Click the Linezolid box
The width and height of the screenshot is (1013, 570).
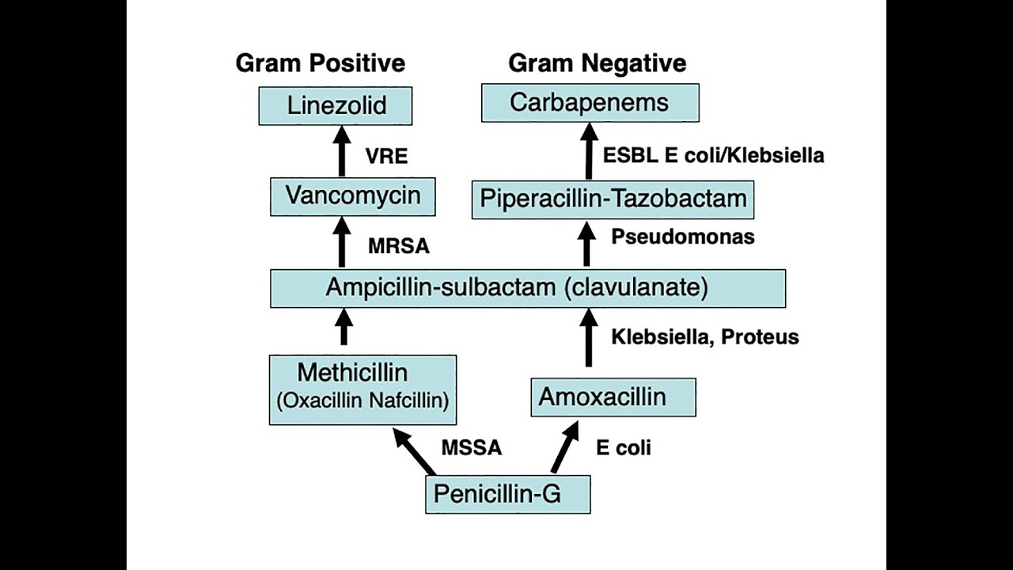[x=336, y=106]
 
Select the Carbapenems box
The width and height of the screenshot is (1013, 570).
[x=590, y=103]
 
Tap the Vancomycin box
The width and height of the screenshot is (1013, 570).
[x=352, y=196]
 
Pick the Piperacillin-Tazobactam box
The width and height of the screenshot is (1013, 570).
[x=613, y=199]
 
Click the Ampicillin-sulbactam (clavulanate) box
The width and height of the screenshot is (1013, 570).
[x=528, y=288]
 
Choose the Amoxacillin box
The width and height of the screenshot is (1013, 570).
[x=613, y=397]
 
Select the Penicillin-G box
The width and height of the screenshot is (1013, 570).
[x=507, y=495]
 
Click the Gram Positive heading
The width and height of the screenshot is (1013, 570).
[x=321, y=63]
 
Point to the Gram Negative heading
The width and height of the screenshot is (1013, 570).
[x=597, y=63]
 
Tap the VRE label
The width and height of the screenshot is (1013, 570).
[x=386, y=157]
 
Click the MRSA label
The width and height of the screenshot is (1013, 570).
[x=399, y=246]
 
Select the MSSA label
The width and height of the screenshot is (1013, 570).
[x=472, y=448]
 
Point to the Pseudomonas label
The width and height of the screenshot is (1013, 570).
[x=682, y=237]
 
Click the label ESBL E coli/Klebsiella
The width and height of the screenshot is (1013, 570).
[x=713, y=155]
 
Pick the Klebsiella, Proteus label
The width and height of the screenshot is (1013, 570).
[x=704, y=337]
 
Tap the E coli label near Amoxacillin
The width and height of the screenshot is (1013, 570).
[x=623, y=448]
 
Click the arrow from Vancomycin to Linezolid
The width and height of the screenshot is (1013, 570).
[x=342, y=152]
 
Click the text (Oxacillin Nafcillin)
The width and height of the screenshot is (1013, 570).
[x=362, y=401]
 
